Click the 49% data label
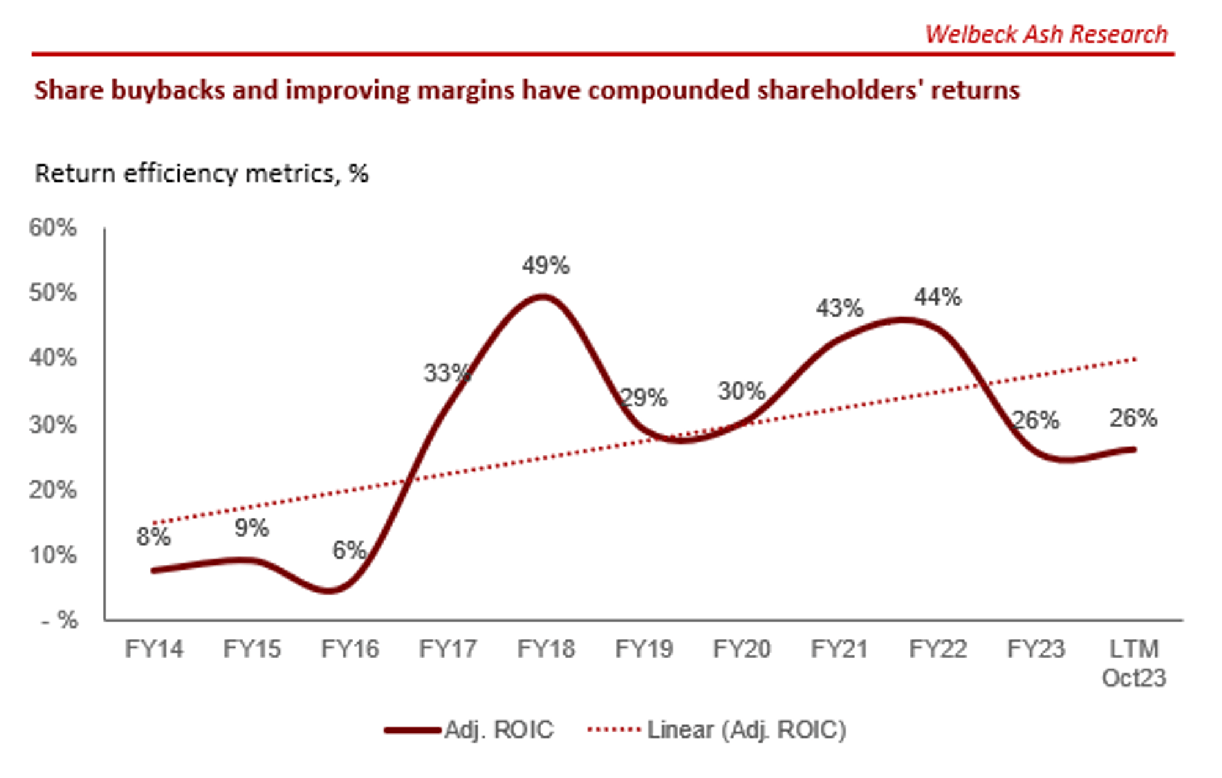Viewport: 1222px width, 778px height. (x=546, y=266)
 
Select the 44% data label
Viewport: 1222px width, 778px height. (x=937, y=297)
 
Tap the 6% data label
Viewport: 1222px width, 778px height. (x=349, y=550)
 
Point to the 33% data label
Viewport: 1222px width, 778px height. (x=447, y=373)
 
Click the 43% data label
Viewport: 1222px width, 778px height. (x=839, y=308)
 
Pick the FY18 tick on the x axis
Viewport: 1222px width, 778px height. (x=546, y=648)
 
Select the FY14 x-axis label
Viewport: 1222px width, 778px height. (x=154, y=648)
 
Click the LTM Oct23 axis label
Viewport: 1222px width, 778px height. (x=1133, y=663)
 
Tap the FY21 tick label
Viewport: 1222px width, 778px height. (x=839, y=648)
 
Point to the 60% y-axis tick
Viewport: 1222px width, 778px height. (x=53, y=228)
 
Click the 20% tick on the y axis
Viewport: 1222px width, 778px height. (x=53, y=490)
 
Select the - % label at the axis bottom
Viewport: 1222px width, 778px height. (x=60, y=620)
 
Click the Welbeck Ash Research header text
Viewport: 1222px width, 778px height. (x=1046, y=34)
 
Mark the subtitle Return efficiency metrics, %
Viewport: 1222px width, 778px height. (x=202, y=174)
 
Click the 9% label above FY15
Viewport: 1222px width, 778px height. (x=251, y=528)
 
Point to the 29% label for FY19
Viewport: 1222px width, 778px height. (x=643, y=398)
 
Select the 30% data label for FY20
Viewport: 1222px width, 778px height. (x=741, y=391)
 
